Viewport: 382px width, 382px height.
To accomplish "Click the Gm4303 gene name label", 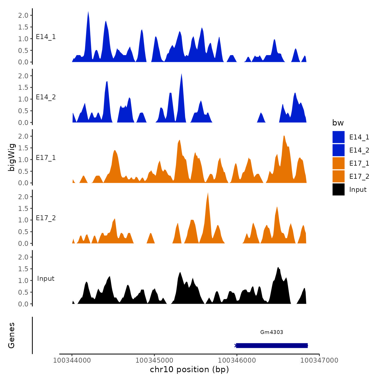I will click(271, 332).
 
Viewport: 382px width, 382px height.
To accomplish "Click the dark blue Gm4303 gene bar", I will click(272, 345).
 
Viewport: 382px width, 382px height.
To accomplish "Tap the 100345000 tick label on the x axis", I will click(154, 360).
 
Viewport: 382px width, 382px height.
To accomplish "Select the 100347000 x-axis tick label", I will click(319, 360).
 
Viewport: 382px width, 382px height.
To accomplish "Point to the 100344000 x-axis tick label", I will click(72, 360).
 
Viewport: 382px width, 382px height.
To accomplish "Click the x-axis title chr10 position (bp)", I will click(189, 369).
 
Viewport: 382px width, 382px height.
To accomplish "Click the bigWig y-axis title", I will click(11, 157).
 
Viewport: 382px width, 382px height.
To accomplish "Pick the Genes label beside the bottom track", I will click(11, 335).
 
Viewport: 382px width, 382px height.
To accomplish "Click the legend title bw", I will click(338, 123).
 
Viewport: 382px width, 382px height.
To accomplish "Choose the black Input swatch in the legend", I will click(338, 189).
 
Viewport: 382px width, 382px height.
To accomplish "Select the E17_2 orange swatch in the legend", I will click(338, 176).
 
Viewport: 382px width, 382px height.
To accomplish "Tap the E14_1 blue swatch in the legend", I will click(338, 137).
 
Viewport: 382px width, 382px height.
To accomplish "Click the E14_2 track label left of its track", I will click(46, 97).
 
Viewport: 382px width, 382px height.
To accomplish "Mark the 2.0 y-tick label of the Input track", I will click(23, 257).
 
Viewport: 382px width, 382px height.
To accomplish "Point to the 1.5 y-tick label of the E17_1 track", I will click(23, 148).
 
